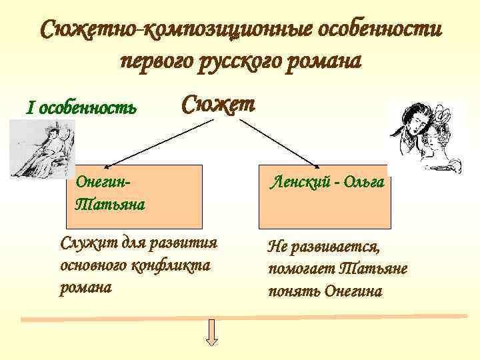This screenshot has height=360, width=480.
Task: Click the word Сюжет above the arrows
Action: [218, 105]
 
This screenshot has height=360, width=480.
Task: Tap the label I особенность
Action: [81, 107]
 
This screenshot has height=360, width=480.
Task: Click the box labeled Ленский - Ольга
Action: [324, 196]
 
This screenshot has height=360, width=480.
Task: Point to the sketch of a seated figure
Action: [43, 149]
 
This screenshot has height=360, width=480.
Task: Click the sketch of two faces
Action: [425, 137]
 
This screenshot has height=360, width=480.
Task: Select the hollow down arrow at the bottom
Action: [212, 333]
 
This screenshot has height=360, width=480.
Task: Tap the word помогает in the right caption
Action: [301, 269]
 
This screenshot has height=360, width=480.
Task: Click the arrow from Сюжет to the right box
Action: [279, 142]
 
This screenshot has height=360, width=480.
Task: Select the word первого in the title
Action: [157, 61]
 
